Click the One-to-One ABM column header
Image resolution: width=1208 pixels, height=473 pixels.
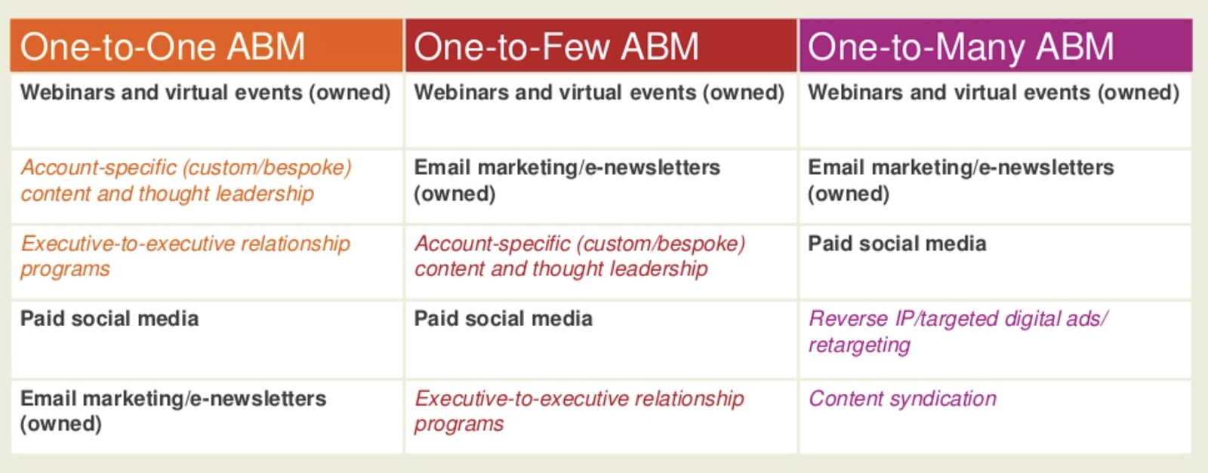[206, 45]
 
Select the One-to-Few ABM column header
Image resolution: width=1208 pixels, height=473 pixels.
[601, 45]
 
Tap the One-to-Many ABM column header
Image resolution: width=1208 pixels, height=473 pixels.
[996, 45]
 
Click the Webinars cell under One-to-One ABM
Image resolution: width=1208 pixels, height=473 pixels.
[206, 110]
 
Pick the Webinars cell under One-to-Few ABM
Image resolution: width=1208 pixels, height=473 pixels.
[601, 110]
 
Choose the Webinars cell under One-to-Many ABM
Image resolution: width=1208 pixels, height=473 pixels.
[996, 110]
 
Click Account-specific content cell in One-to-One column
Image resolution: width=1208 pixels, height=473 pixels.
[206, 186]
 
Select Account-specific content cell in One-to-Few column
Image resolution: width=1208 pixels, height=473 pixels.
[601, 262]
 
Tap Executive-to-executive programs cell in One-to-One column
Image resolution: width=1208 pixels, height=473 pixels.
[206, 262]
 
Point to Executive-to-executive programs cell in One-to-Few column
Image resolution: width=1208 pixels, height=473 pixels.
[601, 416]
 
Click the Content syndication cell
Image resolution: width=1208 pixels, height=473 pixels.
[996, 416]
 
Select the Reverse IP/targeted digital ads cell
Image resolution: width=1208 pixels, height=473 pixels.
[996, 339]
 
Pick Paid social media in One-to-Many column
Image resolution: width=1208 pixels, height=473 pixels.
[996, 262]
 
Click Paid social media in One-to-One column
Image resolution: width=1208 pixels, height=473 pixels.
[206, 339]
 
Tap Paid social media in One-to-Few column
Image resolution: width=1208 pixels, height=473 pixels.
[601, 339]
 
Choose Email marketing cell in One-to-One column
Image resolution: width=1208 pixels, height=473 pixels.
[206, 416]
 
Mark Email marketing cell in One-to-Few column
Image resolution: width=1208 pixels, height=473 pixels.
[601, 186]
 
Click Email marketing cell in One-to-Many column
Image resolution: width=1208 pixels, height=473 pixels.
[996, 186]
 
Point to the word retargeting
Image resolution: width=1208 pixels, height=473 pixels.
[859, 346]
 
